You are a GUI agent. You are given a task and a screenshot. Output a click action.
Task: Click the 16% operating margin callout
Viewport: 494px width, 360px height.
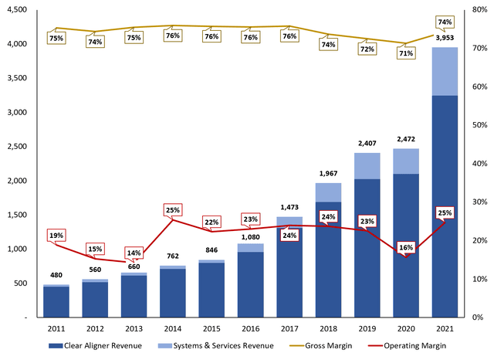(406, 248)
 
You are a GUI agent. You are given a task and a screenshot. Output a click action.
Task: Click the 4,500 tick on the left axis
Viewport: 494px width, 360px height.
(15, 10)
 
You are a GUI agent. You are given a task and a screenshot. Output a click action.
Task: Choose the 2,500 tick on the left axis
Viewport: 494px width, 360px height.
(15, 147)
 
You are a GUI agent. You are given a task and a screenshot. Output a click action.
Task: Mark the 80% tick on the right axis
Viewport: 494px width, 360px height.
(479, 10)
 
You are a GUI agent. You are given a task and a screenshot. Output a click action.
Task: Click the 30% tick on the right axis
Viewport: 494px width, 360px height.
(479, 202)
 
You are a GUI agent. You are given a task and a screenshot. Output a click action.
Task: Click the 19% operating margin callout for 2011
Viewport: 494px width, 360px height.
(56, 235)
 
